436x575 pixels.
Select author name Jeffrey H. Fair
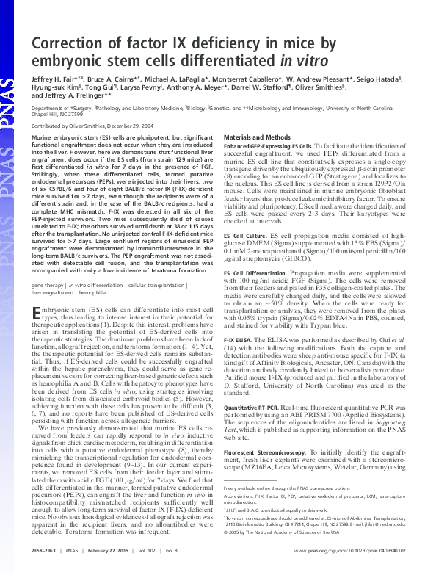click(x=54, y=87)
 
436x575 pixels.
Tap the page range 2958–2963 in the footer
click(x=47, y=549)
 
